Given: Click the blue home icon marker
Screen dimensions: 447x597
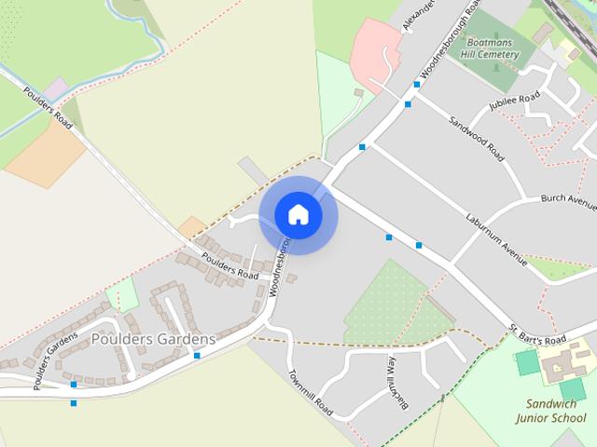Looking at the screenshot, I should coord(298,215).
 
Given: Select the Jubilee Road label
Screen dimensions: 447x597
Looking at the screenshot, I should coord(515,101).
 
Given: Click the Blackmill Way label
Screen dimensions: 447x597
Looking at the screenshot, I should coord(398,381).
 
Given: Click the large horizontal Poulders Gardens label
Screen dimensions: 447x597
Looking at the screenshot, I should coord(153,339).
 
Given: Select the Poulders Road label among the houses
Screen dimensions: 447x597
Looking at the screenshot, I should coord(229,268).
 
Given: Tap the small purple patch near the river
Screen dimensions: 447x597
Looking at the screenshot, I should coord(56,89).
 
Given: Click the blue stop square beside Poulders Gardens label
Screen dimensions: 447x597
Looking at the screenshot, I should coord(197,356).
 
